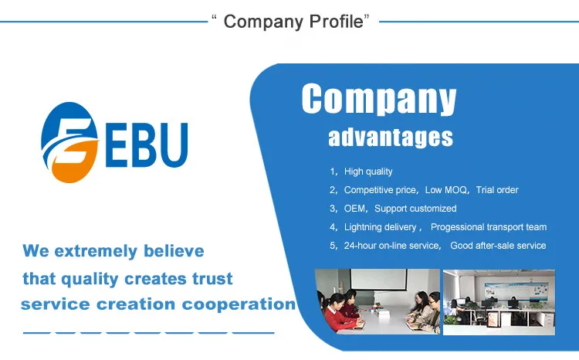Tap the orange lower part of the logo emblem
[x=74, y=162]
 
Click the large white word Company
[x=379, y=99]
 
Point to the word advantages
[x=391, y=138]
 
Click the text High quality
[x=368, y=172]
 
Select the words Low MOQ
[x=445, y=190]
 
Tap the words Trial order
[x=497, y=190]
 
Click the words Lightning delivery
[x=380, y=227]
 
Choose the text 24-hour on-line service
[x=391, y=246]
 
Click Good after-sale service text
[x=498, y=246]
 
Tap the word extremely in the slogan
[x=96, y=251]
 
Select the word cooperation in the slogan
[x=239, y=304]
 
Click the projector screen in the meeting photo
[x=378, y=280]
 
